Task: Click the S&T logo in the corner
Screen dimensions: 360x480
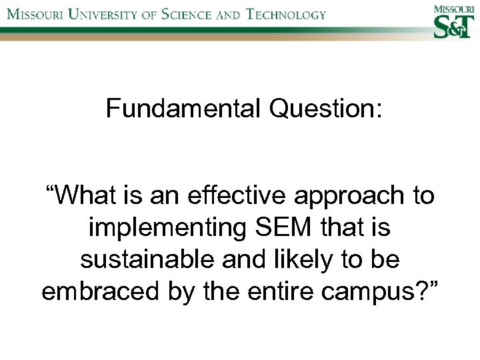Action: (x=452, y=27)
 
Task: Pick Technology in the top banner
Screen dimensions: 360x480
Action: (x=287, y=14)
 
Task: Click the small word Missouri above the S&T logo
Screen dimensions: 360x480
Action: (x=452, y=9)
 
